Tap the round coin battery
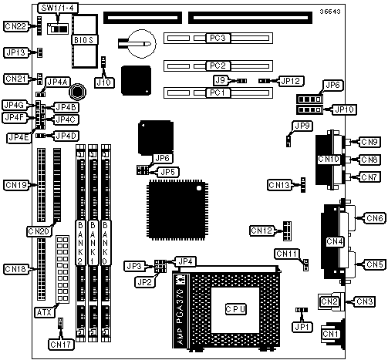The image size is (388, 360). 142,43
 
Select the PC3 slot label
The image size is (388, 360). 218,38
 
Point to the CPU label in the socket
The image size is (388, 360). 235,309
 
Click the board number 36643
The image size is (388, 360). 330,12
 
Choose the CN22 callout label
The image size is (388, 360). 15,26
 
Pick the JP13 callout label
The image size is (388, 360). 16,52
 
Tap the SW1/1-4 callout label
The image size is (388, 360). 58,8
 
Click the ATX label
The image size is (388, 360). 44,312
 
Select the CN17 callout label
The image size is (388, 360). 61,345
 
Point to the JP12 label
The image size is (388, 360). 292,81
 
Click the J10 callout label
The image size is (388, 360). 104,82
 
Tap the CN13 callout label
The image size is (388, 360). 279,185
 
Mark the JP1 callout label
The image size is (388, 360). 302,327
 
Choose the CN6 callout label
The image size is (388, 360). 375,218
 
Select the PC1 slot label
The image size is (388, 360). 218,93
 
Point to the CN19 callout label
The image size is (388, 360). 16,185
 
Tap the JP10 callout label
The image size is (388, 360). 344,109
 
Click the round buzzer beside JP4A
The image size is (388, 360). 77,91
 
